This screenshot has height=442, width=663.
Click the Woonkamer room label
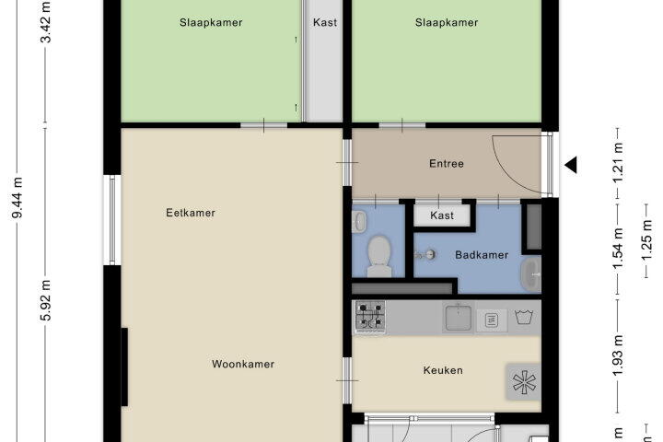pyautogui.click(x=243, y=364)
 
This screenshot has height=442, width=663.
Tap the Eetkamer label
pyautogui.click(x=191, y=213)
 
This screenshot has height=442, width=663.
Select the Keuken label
pyautogui.click(x=443, y=370)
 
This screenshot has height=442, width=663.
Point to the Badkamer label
pyautogui.click(x=482, y=255)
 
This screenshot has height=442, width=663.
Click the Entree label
pyautogui.click(x=446, y=163)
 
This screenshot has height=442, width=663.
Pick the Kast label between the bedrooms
pyautogui.click(x=325, y=22)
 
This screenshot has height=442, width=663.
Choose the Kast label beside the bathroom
pyautogui.click(x=442, y=215)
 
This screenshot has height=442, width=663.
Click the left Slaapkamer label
pyautogui.click(x=211, y=22)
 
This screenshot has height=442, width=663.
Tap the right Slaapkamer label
pyautogui.click(x=446, y=22)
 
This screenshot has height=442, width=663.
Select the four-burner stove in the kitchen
pyautogui.click(x=370, y=317)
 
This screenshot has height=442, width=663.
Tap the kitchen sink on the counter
pyautogui.click(x=459, y=317)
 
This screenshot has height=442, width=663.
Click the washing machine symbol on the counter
pyautogui.click(x=523, y=317)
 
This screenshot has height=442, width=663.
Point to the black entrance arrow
pyautogui.click(x=571, y=165)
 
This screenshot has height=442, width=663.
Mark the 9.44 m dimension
pyautogui.click(x=17, y=198)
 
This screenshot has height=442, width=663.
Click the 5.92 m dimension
pyautogui.click(x=46, y=300)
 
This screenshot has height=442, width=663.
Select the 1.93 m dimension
pyautogui.click(x=618, y=355)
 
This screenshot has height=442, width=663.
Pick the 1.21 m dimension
pyautogui.click(x=618, y=163)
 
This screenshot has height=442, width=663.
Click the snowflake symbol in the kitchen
pyautogui.click(x=524, y=382)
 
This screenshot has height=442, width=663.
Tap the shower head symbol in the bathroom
pyautogui.click(x=425, y=255)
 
